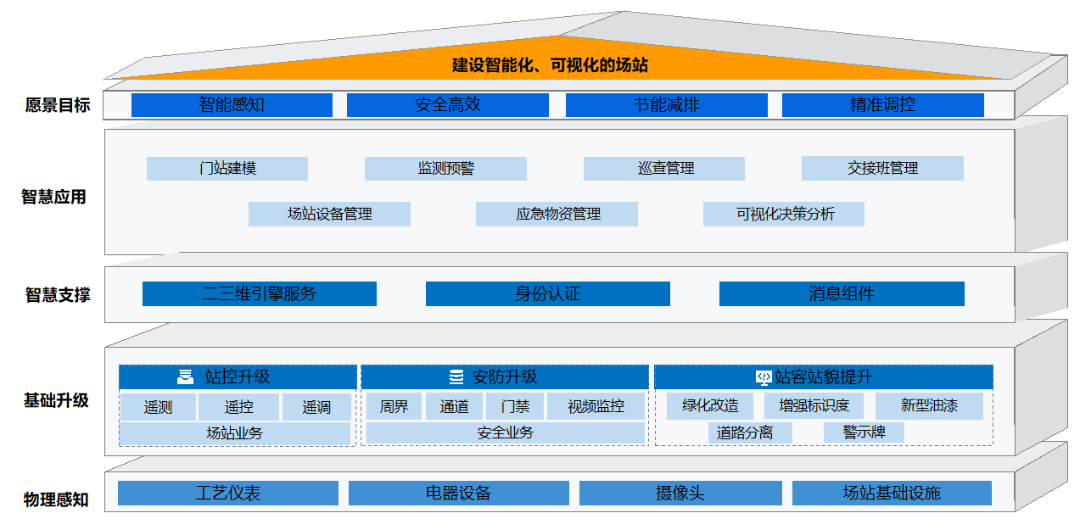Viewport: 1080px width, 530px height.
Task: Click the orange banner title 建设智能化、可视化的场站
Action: tap(551, 65)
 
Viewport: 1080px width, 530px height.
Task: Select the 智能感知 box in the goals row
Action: tap(232, 105)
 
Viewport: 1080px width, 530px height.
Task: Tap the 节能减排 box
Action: tap(666, 105)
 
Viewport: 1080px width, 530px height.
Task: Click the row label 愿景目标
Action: tap(58, 106)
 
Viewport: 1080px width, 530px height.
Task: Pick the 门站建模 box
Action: tap(227, 168)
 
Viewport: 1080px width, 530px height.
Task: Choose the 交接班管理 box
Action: tap(882, 168)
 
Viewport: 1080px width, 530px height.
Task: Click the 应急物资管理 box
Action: tap(557, 214)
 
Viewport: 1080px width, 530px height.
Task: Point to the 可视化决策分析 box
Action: tap(784, 214)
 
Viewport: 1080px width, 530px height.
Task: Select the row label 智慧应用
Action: tap(53, 197)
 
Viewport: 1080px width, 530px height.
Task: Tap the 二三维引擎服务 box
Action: tap(259, 293)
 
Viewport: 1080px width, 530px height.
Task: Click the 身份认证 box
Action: tap(547, 293)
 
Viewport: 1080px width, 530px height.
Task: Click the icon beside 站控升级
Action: tap(185, 377)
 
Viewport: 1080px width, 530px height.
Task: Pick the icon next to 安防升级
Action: tap(456, 377)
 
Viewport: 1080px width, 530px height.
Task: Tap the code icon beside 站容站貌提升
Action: tap(763, 377)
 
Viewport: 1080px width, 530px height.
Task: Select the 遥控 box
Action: tap(238, 407)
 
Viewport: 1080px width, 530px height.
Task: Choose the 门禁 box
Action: tap(515, 407)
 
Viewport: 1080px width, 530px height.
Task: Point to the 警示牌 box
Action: tap(864, 432)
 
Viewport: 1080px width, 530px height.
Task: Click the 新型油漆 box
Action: tap(929, 405)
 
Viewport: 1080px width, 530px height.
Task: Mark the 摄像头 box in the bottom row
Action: tap(680, 493)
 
